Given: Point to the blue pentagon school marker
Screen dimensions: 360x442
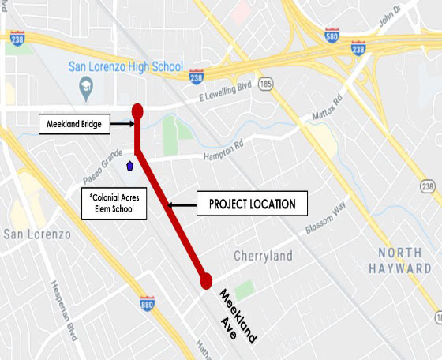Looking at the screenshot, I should point(129,166).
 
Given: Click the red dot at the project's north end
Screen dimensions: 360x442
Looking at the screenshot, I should point(137,111).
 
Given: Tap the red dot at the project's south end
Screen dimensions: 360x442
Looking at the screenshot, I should point(206,280).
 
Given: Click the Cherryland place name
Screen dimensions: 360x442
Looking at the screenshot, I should point(264,256).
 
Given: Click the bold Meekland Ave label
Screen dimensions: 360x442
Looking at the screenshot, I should point(237,314).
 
